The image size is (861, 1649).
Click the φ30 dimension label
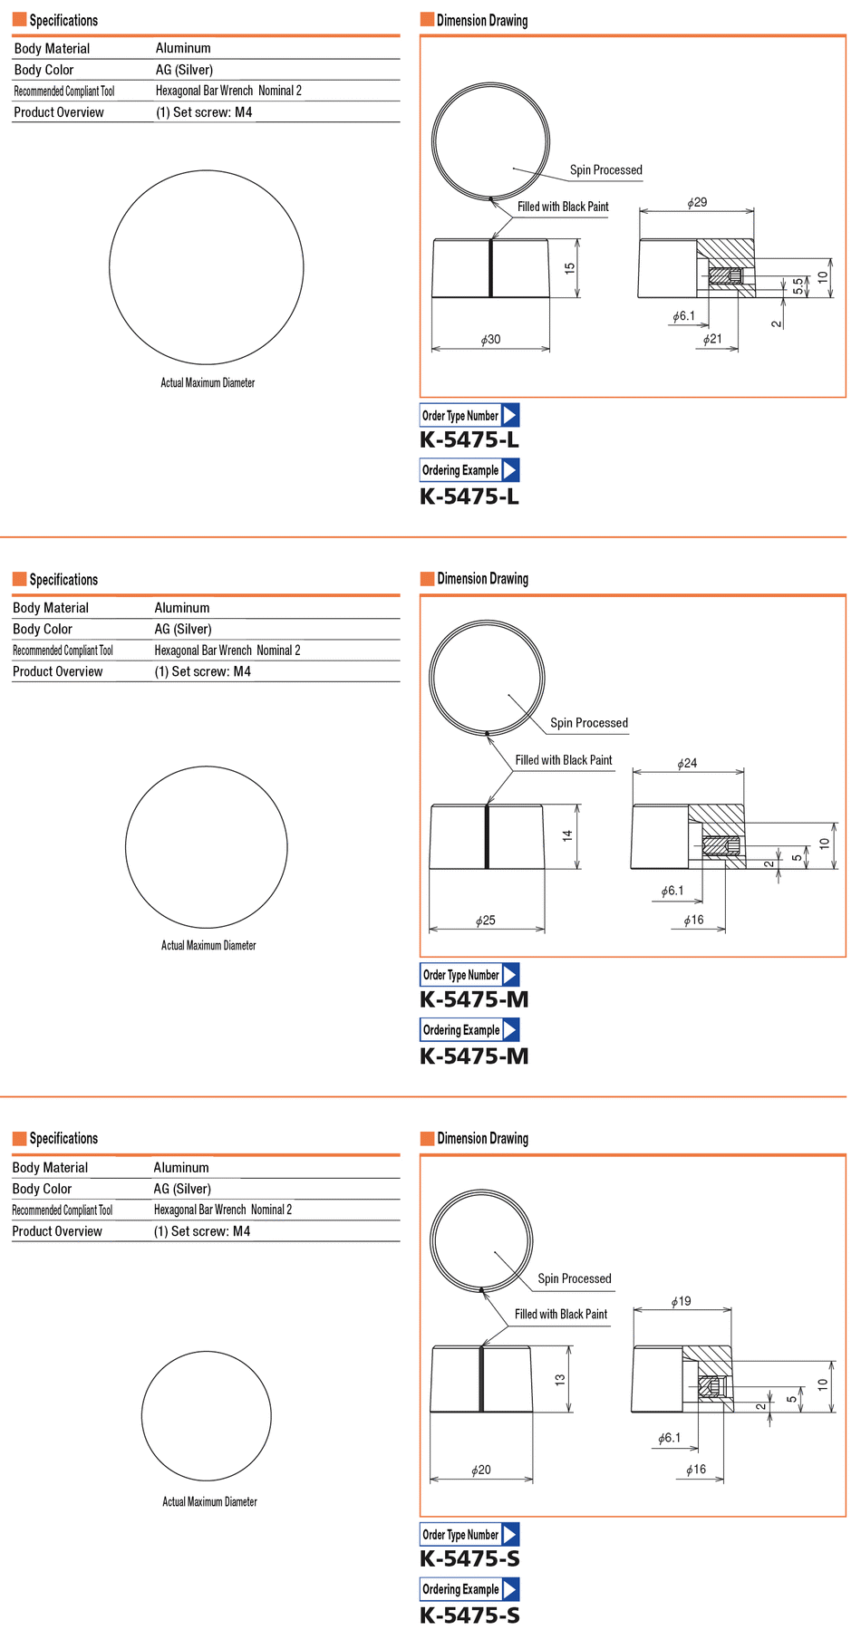(x=490, y=340)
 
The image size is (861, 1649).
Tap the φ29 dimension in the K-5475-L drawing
(x=697, y=203)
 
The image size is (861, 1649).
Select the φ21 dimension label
(x=712, y=340)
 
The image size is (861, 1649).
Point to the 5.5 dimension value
(x=798, y=285)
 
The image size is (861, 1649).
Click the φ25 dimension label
(x=486, y=921)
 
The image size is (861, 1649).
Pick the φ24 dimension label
(x=687, y=764)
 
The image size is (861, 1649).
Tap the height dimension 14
(x=568, y=836)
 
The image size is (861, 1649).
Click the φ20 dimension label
(x=481, y=1471)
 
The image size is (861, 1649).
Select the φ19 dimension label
(x=681, y=1302)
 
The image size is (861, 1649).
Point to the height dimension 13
(x=561, y=1380)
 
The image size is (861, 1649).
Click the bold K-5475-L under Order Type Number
(x=469, y=440)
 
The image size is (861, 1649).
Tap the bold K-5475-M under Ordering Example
(x=474, y=1056)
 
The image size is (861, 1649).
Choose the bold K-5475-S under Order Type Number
(x=469, y=1559)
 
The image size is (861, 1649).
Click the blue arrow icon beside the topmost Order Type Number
(x=510, y=416)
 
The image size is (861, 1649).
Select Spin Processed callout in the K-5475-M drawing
(x=588, y=723)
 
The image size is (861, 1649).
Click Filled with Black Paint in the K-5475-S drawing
(x=561, y=1315)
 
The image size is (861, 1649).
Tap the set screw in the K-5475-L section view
(x=724, y=275)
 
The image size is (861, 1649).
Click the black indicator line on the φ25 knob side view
(x=487, y=836)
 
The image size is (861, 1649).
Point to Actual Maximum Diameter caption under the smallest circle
(x=209, y=1502)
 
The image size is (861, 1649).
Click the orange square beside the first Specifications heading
(x=19, y=20)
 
